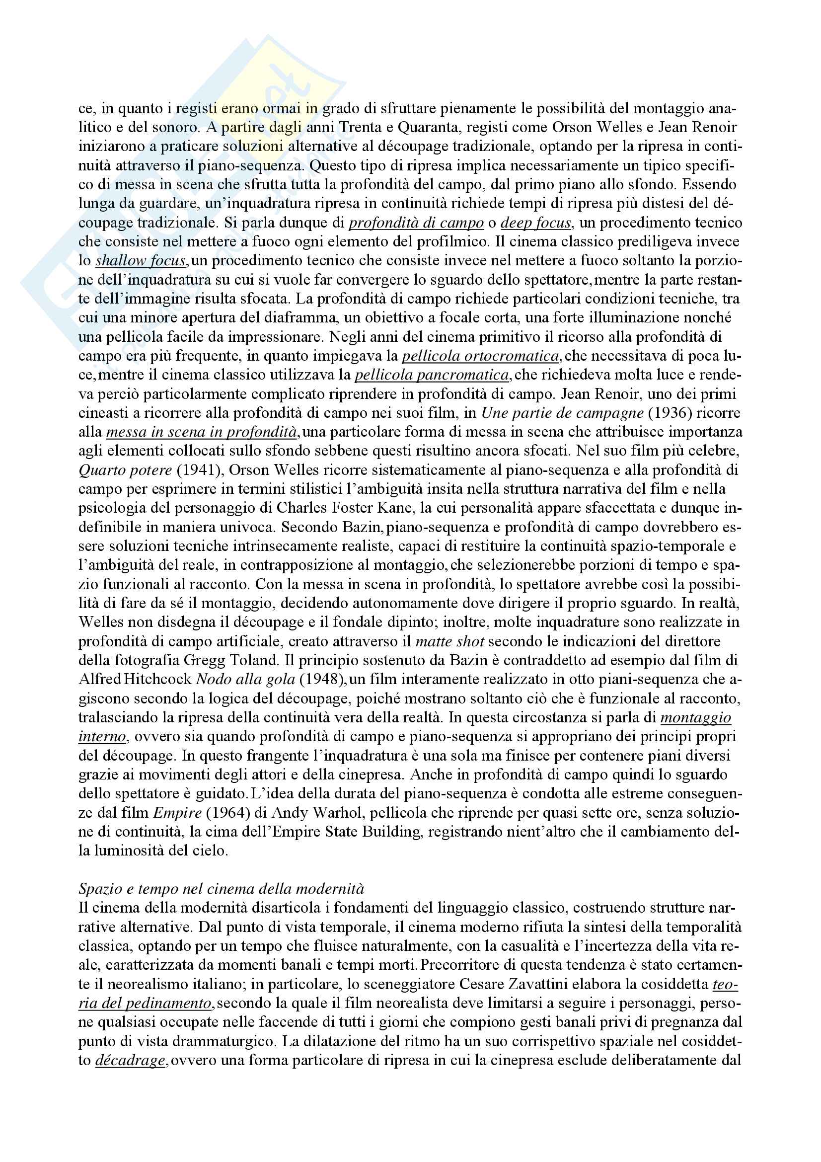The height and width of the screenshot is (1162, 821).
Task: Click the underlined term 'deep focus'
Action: point(536,223)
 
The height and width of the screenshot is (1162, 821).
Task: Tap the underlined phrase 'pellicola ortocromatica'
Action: point(481,356)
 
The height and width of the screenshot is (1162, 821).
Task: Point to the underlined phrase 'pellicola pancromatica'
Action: point(432,375)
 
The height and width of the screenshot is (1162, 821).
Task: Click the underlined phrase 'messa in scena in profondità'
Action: point(201,432)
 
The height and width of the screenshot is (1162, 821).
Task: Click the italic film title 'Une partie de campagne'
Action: point(562,413)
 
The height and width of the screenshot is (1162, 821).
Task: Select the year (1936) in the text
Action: point(670,413)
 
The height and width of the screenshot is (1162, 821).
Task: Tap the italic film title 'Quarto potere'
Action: point(125,470)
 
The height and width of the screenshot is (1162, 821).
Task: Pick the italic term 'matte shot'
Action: point(449,641)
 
